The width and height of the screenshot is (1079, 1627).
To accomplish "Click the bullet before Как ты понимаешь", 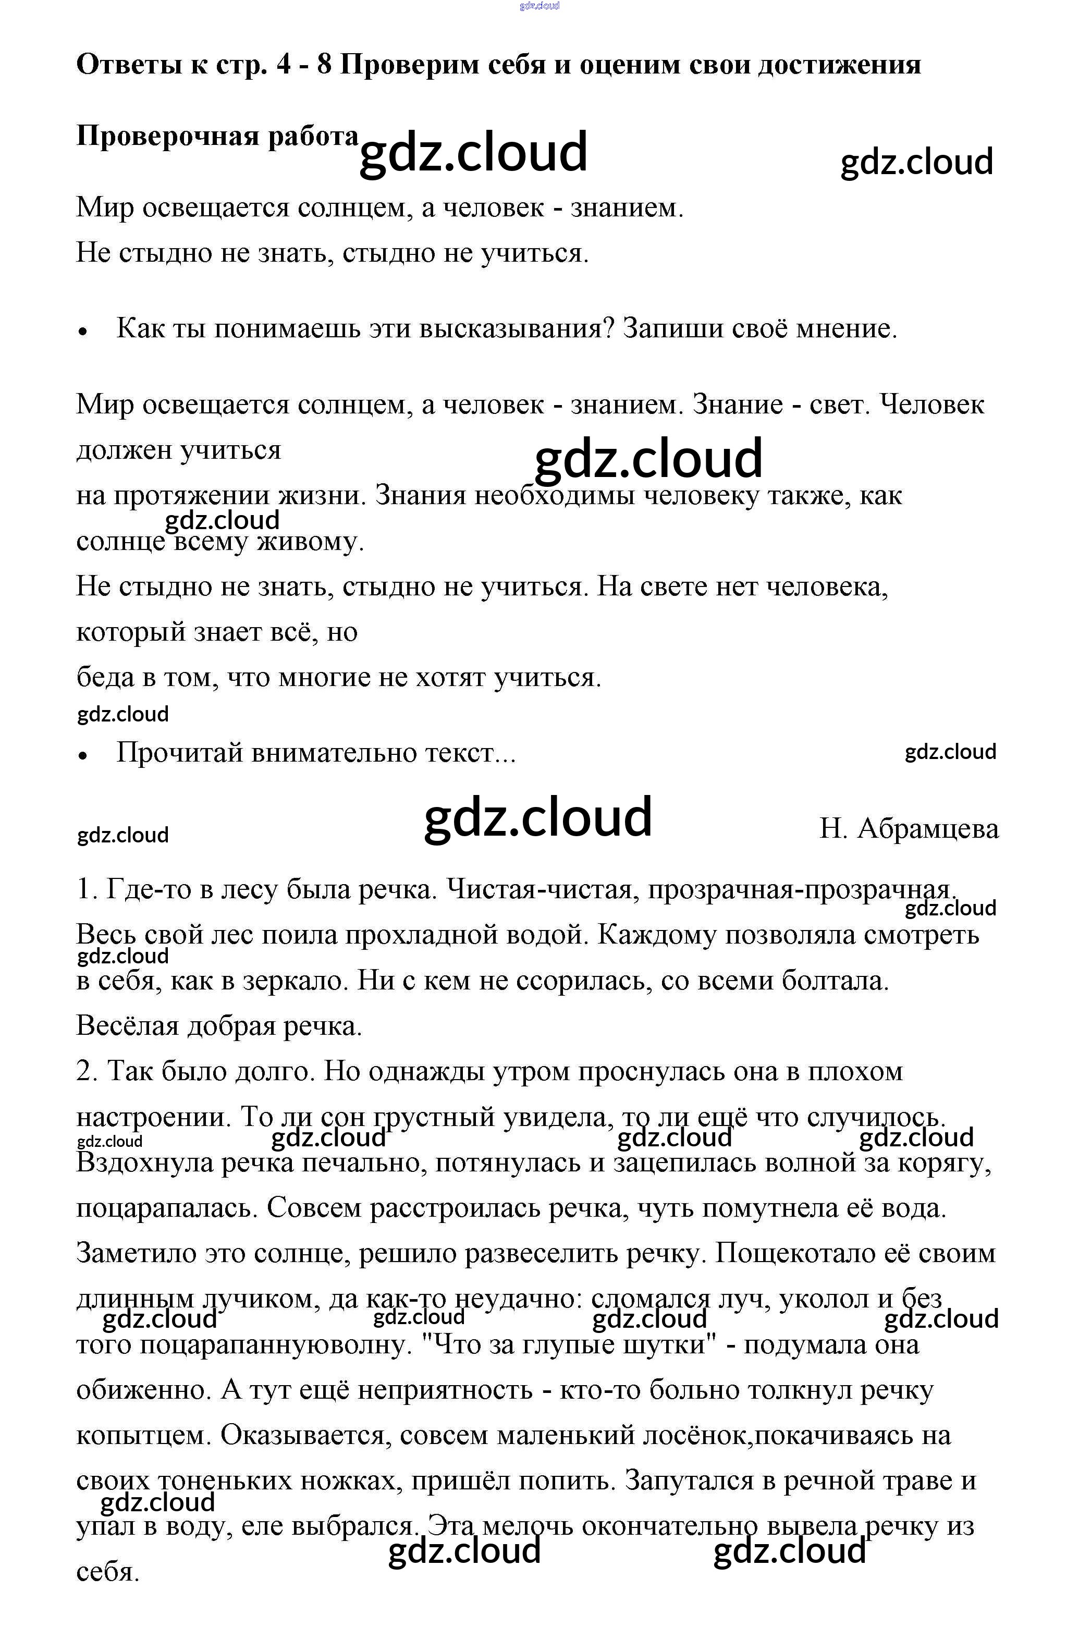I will coord(83,331).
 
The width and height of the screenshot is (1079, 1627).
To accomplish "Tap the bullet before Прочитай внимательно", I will coord(83,755).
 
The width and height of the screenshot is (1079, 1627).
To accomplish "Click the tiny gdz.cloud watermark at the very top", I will coord(539,6).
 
